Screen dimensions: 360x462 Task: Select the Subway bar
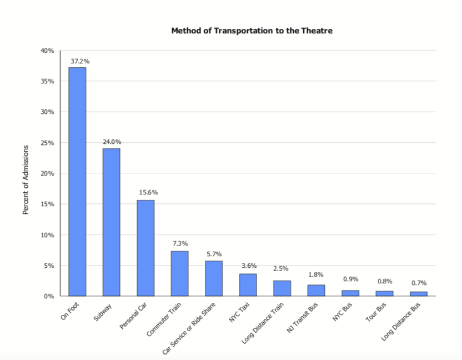pyautogui.click(x=111, y=222)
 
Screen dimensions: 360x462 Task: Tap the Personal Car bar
pyautogui.click(x=145, y=248)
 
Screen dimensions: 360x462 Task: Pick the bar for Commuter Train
pyautogui.click(x=179, y=273)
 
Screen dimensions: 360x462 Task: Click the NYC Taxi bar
pyautogui.click(x=248, y=284)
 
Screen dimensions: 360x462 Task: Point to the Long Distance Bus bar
pyautogui.click(x=419, y=293)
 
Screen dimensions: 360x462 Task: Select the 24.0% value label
pyautogui.click(x=112, y=142)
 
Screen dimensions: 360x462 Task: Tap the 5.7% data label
pyautogui.click(x=215, y=254)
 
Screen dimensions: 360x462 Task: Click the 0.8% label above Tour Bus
pyautogui.click(x=385, y=281)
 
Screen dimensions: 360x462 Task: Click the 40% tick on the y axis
pyautogui.click(x=47, y=51)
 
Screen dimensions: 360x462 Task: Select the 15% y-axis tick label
pyautogui.click(x=47, y=204)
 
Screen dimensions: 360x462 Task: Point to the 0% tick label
pyautogui.click(x=48, y=296)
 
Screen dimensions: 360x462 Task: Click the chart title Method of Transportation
pyautogui.click(x=252, y=31)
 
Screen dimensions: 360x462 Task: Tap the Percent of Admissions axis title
pyautogui.click(x=26, y=179)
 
